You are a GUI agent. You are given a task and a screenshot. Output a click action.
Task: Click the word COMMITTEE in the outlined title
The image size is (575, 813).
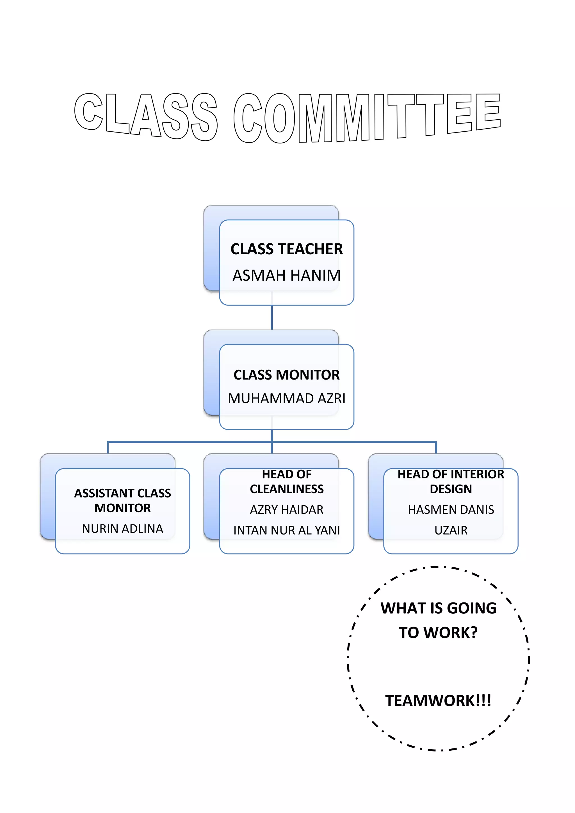pyautogui.click(x=367, y=118)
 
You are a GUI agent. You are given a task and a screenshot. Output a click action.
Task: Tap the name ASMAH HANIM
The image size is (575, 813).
pyautogui.click(x=286, y=275)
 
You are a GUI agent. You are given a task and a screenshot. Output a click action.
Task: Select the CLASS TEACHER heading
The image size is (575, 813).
pyautogui.click(x=286, y=249)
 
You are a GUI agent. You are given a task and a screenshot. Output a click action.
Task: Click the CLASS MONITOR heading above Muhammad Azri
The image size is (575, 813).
pyautogui.click(x=286, y=374)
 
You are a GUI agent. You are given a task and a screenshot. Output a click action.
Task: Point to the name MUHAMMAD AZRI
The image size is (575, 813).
pyautogui.click(x=286, y=398)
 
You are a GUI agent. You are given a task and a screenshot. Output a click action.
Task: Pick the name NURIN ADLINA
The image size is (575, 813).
pyautogui.click(x=122, y=528)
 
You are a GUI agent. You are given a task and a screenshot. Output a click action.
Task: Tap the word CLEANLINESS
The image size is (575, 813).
pyautogui.click(x=286, y=489)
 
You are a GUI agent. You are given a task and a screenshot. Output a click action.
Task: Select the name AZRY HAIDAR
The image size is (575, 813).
pyautogui.click(x=286, y=510)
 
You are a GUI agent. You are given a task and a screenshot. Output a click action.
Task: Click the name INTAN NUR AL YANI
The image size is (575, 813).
pyautogui.click(x=286, y=530)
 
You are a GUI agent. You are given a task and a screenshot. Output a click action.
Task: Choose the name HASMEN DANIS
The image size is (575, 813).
pyautogui.click(x=451, y=510)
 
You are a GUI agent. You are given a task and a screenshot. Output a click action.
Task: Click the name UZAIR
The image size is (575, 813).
pyautogui.click(x=451, y=530)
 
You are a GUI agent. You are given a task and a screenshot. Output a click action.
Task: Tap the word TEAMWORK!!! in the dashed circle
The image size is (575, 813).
pyautogui.click(x=438, y=700)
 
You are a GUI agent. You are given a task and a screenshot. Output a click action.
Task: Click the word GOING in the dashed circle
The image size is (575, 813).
pyautogui.click(x=472, y=608)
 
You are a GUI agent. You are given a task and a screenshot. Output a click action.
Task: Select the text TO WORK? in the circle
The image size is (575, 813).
pyautogui.click(x=438, y=632)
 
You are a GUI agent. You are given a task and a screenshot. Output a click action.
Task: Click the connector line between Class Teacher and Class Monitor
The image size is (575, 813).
pyautogui.click(x=271, y=317)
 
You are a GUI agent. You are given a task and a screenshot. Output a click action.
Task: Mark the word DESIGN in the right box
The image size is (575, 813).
pyautogui.click(x=451, y=489)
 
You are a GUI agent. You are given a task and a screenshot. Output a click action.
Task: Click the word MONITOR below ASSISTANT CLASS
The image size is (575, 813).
pyautogui.click(x=122, y=508)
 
